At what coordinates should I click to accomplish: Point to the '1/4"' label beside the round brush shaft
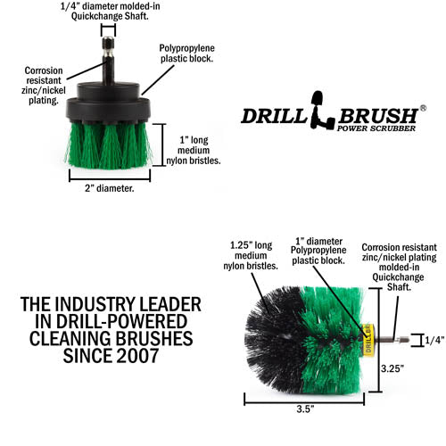tap(434, 340)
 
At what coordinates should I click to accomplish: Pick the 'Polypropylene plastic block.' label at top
tap(187, 53)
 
